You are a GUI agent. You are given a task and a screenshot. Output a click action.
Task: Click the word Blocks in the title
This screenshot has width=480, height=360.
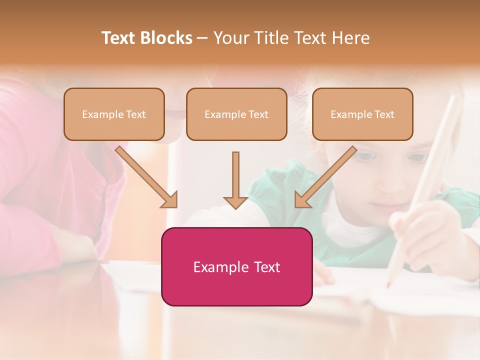(166, 38)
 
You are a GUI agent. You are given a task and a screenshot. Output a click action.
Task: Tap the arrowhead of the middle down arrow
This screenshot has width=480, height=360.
(235, 202)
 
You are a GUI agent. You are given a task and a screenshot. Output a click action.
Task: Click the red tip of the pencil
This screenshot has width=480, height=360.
(388, 285)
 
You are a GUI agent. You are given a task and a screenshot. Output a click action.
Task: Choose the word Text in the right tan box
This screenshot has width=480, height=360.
(384, 114)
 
